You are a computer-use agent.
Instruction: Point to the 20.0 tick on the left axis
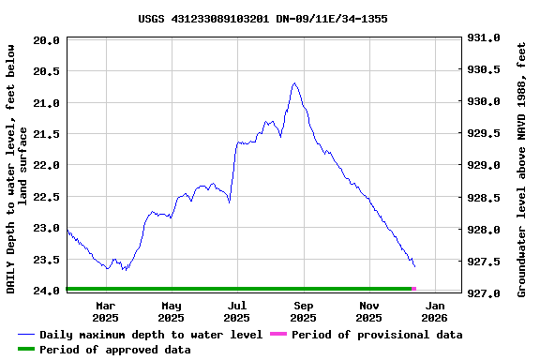pos(48,40)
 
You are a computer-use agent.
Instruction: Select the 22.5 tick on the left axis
pos(48,197)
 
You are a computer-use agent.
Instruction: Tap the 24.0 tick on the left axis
pos(48,292)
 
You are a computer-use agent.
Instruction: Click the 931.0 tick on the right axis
pos(483,38)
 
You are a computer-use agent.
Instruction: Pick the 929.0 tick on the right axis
pos(483,166)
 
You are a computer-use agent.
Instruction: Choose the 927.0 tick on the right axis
pos(483,293)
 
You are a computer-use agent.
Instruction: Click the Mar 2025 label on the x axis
pos(106,311)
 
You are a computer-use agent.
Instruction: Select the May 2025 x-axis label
pos(172,311)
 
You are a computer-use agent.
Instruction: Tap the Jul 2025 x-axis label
pos(237,311)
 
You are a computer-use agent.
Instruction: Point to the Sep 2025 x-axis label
pos(304,311)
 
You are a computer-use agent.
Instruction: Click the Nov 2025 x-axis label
pos(369,311)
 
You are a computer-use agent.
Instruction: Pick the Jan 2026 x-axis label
pos(435,311)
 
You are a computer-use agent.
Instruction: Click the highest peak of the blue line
pos(294,83)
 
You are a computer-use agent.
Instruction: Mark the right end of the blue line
pos(414,266)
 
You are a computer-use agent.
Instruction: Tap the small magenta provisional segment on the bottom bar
pos(413,289)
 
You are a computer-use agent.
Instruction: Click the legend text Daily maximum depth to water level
pos(151,335)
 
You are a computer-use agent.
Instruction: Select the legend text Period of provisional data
pos(377,335)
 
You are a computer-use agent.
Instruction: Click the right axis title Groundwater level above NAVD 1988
pos(522,167)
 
